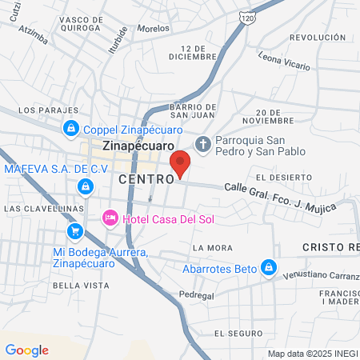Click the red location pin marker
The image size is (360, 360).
coord(181,163)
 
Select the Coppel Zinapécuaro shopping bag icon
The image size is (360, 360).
coord(71,128)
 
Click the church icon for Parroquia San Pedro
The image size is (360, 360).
coord(203,145)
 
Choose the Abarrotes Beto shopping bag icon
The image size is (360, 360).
coord(270,267)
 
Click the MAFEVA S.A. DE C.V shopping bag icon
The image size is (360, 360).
coord(84,186)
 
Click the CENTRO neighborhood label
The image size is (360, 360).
coord(146,180)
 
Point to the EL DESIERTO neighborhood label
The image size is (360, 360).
coord(278,176)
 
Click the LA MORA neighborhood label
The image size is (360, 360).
coord(213,247)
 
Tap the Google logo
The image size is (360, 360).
coord(26,350)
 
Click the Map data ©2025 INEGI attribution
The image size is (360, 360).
coord(312,354)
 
